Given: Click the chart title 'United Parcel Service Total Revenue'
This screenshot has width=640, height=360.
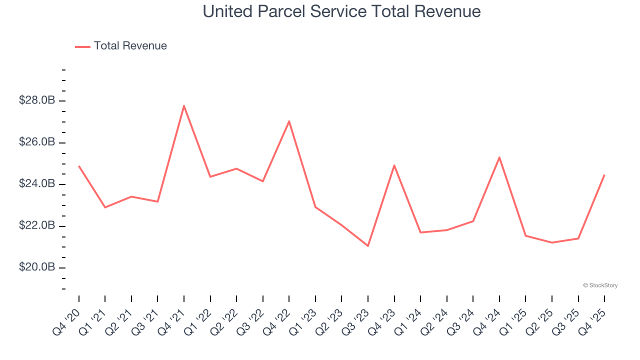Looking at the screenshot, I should [341, 11].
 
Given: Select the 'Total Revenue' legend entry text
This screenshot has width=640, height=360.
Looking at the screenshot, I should [130, 46].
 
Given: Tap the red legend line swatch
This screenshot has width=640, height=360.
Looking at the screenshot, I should [82, 46].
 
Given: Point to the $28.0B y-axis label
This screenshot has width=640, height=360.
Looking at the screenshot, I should [37, 100].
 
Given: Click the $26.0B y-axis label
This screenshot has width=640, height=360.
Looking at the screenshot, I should [37, 142].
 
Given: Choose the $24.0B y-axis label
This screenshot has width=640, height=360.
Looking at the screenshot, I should [37, 184].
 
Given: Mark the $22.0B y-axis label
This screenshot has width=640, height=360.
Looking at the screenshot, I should [37, 226].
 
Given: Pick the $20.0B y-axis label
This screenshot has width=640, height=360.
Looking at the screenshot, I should [37, 267].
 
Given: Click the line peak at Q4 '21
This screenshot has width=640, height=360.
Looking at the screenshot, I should [184, 105].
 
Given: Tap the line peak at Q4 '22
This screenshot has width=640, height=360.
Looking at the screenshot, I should [289, 121].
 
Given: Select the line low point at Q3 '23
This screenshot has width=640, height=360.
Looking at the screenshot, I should [368, 246].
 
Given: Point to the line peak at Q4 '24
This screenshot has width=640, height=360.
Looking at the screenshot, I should [499, 157].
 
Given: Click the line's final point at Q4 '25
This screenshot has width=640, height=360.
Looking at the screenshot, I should [604, 175].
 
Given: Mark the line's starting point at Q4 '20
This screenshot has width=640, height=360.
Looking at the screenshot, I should [79, 166].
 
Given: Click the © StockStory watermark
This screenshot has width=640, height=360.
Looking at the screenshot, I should [600, 285].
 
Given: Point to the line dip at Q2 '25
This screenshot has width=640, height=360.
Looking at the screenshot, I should [552, 242].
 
